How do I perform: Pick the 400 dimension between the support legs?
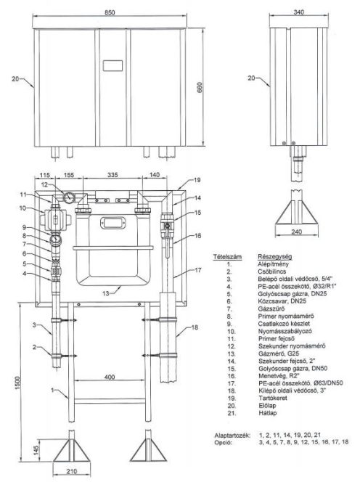coord(108,378)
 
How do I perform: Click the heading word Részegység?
coord(274,256)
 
